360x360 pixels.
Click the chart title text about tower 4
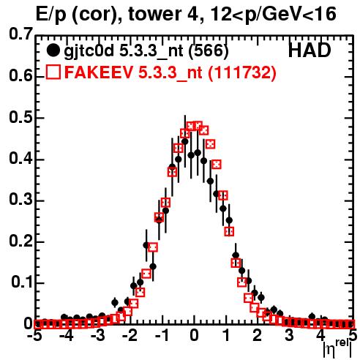[x=186, y=14]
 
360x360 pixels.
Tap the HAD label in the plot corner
[x=310, y=50]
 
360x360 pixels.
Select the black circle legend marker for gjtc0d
[x=53, y=50]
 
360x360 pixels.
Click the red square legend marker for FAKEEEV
[x=53, y=72]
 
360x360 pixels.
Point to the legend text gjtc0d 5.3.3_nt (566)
[x=146, y=51]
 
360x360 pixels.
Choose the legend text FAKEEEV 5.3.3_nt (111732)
[x=170, y=72]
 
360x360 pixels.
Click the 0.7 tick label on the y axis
[x=20, y=34]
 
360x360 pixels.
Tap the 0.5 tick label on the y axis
[x=20, y=117]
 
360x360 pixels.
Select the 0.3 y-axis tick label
[x=20, y=199]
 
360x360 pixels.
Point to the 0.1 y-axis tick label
[x=21, y=282]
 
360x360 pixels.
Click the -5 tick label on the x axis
[x=36, y=336]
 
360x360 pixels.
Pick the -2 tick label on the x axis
[x=131, y=336]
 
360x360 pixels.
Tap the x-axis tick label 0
[x=194, y=336]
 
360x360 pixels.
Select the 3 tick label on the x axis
[x=289, y=336]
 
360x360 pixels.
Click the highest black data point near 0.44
[x=185, y=141]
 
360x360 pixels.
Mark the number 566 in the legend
[x=209, y=51]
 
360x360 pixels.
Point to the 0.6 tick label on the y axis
[x=20, y=76]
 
